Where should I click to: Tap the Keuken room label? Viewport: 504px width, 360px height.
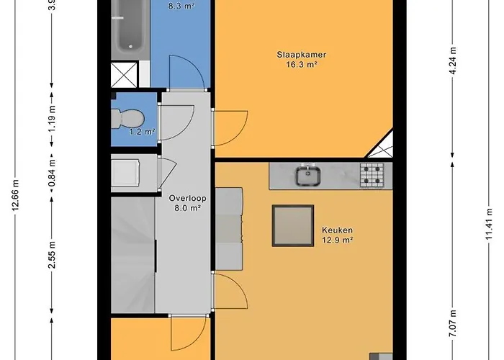337,230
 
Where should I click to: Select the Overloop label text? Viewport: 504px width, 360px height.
184,198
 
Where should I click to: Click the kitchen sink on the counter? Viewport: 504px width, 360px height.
310,174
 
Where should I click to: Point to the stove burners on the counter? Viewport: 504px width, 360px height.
372,174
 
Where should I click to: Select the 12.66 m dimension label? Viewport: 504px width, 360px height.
16,194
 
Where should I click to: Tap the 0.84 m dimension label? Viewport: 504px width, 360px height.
53,173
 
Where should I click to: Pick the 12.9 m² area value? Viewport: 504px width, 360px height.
337,240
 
